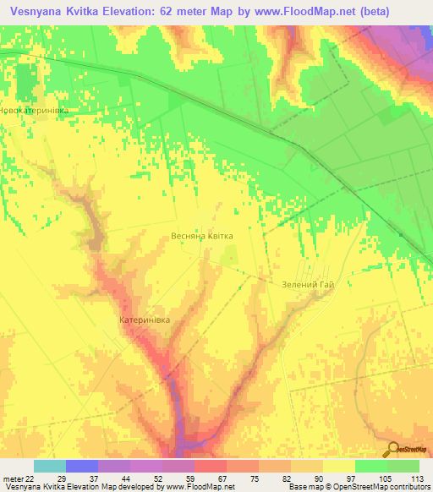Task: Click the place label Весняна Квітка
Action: coord(202,237)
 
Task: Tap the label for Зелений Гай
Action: coord(308,285)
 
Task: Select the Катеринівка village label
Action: coord(145,320)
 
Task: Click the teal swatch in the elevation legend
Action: coord(50,466)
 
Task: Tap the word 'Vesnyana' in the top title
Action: coord(40,13)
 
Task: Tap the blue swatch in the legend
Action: coord(82,466)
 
